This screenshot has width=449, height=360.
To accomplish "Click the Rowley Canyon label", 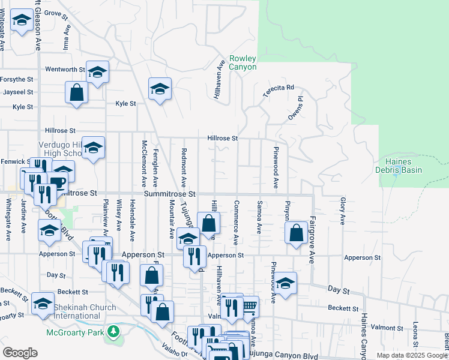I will pos(243,62).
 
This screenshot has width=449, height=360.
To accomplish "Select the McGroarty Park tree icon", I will pos(113,332).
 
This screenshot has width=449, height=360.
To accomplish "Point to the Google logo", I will pos(20,352).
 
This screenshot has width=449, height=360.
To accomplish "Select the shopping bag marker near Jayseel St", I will pos(77,92).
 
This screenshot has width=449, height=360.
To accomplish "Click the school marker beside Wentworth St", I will pos(97,72).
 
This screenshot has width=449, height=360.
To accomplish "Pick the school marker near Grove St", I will pos(22,21).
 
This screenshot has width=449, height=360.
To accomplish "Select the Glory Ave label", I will pos(343,211).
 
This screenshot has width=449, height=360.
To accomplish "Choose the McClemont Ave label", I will pos(144,163).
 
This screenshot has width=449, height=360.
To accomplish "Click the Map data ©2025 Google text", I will pos(412,355).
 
